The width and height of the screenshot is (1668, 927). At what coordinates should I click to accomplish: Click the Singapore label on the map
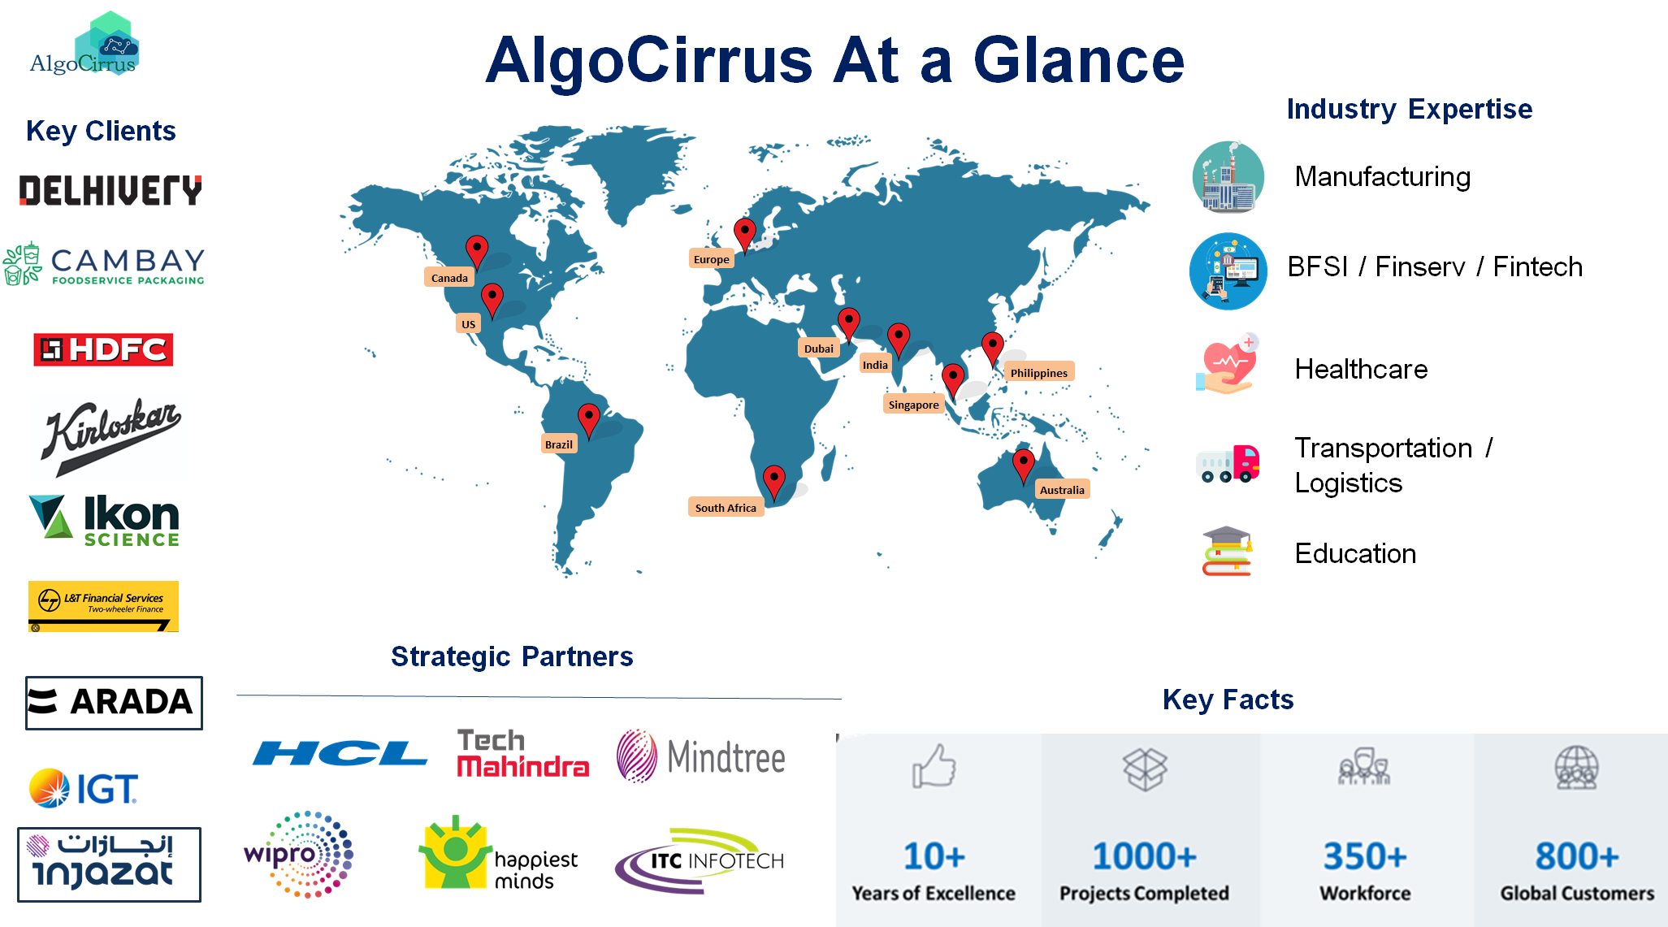click(x=913, y=405)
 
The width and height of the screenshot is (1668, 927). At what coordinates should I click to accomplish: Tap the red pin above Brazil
click(x=588, y=421)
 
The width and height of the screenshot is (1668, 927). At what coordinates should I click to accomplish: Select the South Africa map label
click(x=726, y=508)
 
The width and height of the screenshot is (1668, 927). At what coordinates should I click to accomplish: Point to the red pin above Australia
click(x=1023, y=466)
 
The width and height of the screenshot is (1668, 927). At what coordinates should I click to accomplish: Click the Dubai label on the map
click(x=818, y=349)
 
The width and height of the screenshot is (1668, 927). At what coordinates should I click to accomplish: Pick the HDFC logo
click(x=103, y=349)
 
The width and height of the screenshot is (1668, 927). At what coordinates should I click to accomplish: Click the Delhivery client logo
click(x=110, y=190)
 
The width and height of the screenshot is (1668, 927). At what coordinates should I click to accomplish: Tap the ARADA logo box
click(x=114, y=703)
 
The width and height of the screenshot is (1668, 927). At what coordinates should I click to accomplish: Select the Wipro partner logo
click(x=299, y=854)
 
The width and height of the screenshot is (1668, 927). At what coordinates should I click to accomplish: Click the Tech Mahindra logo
click(x=523, y=753)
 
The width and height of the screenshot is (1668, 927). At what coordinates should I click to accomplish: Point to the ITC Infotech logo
click(x=700, y=860)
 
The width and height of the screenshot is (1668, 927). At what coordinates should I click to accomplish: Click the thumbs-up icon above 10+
click(x=934, y=766)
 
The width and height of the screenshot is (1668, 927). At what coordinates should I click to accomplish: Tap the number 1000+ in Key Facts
click(x=1144, y=856)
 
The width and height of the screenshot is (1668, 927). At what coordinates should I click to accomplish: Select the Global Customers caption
click(x=1577, y=893)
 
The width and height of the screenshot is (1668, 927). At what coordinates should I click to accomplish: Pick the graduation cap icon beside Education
click(x=1227, y=551)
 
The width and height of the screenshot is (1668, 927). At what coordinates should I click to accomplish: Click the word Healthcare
click(x=1361, y=369)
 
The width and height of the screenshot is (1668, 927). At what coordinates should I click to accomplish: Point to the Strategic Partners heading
click(x=512, y=656)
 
